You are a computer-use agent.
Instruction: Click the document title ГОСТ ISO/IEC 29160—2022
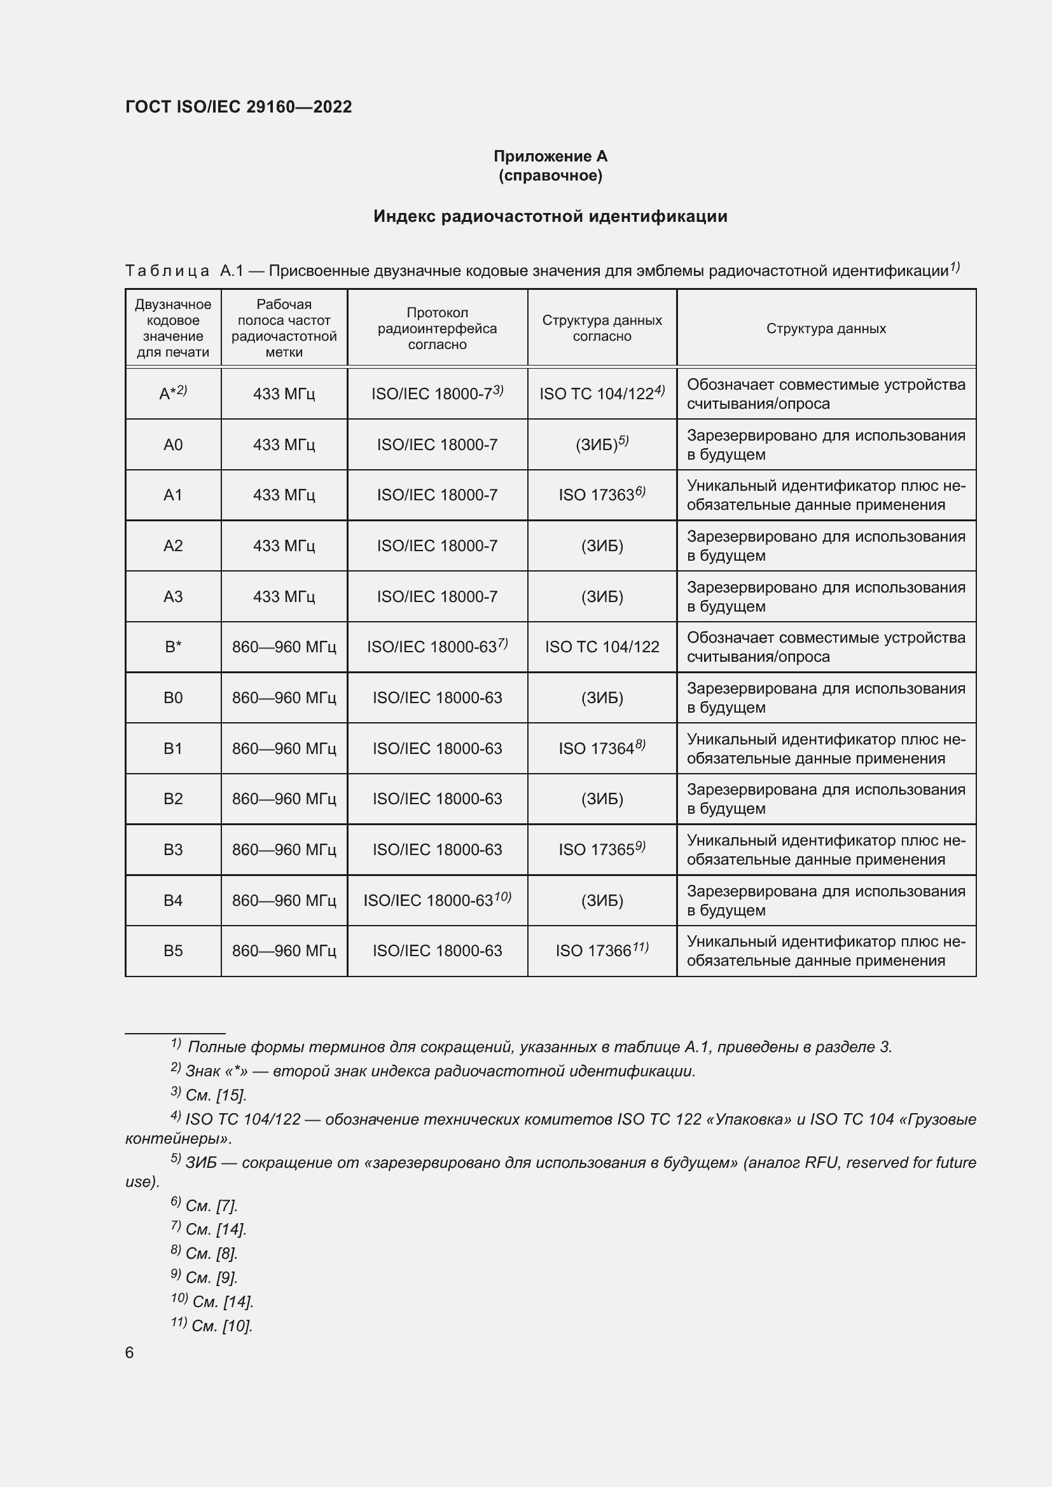[239, 107]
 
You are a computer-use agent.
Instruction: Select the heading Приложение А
[550, 156]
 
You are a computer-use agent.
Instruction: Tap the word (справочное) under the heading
[550, 175]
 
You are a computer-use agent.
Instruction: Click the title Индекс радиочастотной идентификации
[550, 216]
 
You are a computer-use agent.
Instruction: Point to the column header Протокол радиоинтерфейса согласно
[437, 328]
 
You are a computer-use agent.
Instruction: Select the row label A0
[173, 444]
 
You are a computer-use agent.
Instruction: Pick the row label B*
[173, 647]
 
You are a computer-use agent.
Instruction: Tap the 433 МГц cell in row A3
[284, 596]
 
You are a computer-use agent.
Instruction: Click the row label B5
[173, 950]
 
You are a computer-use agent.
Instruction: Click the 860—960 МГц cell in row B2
[284, 798]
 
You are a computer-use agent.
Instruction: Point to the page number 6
[130, 1353]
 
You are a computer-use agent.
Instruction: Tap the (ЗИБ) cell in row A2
[602, 546]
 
